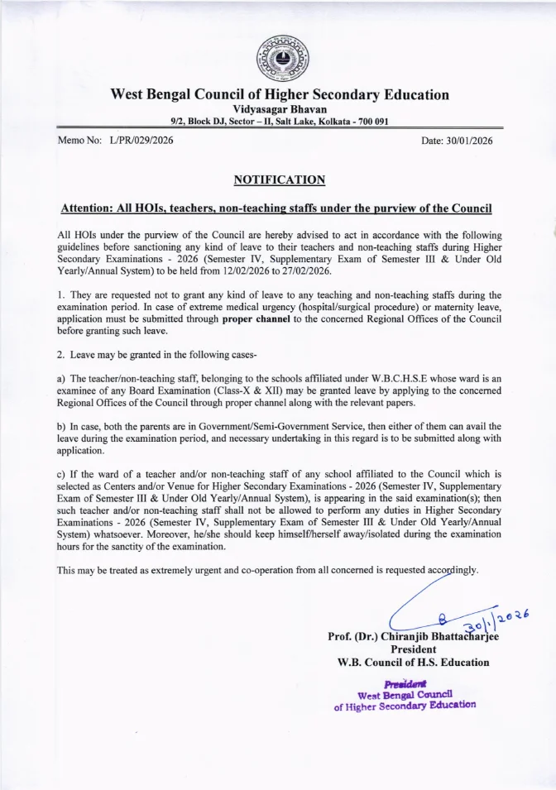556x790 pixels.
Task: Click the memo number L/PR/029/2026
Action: (141, 141)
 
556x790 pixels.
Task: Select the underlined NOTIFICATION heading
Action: (279, 180)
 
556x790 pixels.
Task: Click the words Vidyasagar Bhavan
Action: (279, 109)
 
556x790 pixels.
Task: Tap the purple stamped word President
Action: (404, 682)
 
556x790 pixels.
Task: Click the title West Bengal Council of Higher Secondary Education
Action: (279, 94)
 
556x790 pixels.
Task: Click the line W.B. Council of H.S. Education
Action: (413, 662)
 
